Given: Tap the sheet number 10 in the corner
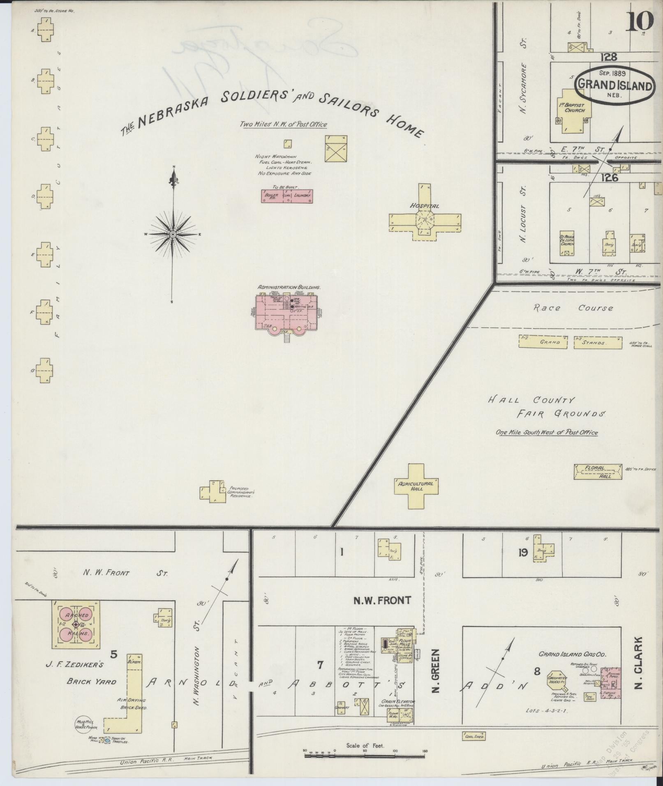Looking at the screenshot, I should pyautogui.click(x=640, y=21).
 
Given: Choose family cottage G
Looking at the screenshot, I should pyautogui.click(x=45, y=371).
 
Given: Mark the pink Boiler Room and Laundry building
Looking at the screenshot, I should pyautogui.click(x=287, y=196).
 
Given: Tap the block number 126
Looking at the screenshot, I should pyautogui.click(x=608, y=177).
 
